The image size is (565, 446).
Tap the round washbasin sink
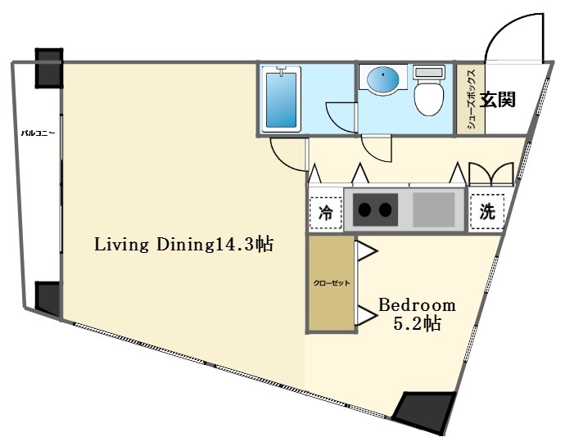coord(384,80)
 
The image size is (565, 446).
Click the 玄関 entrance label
coord(497,101)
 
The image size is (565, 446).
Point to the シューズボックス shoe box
coord(471,101)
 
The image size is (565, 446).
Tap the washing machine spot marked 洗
coord(486,210)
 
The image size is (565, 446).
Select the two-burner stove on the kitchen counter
coord(376,209)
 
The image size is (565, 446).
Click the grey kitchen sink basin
coord(434,209)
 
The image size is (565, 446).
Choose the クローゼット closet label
coord(331,283)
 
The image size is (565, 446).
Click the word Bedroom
coord(416,304)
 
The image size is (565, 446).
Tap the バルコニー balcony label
coord(38,133)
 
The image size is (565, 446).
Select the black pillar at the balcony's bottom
coord(47,299)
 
